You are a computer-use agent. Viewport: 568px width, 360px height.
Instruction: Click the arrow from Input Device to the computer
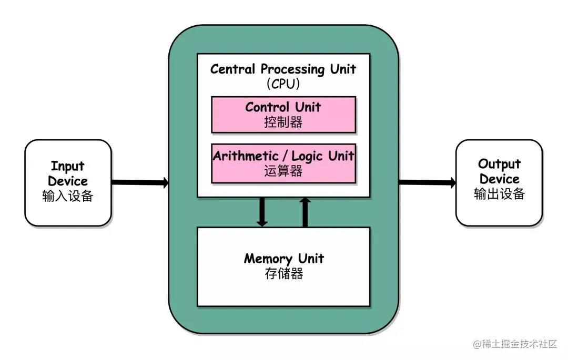[x=139, y=182]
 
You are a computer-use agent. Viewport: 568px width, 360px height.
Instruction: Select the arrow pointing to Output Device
[x=427, y=182]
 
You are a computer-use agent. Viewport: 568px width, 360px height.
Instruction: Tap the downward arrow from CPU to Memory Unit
[x=262, y=211]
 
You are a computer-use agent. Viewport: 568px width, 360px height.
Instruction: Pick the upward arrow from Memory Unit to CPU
[x=305, y=211]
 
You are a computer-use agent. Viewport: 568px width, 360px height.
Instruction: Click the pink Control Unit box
[x=283, y=114]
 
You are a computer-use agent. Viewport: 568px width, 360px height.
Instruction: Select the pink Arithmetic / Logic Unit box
[x=283, y=163]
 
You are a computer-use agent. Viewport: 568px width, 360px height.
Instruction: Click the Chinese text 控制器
[x=283, y=122]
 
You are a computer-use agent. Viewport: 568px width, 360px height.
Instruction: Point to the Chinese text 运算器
[x=283, y=171]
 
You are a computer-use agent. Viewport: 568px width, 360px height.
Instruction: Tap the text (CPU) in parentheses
[x=283, y=84]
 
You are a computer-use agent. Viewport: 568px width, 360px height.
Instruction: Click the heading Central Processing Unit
[x=283, y=69]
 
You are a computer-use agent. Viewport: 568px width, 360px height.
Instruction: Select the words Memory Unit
[x=283, y=259]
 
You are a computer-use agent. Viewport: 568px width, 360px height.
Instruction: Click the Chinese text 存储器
[x=283, y=274]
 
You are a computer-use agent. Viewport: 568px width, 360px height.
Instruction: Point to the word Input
[x=67, y=167]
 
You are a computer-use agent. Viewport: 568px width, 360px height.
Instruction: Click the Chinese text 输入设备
[x=67, y=196]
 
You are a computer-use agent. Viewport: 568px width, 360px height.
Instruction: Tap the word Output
[x=499, y=164]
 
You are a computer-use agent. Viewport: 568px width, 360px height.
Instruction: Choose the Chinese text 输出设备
[x=499, y=194]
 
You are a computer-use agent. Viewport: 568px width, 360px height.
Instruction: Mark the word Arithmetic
[x=246, y=156]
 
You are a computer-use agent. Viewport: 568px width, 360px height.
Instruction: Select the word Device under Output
[x=499, y=179]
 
